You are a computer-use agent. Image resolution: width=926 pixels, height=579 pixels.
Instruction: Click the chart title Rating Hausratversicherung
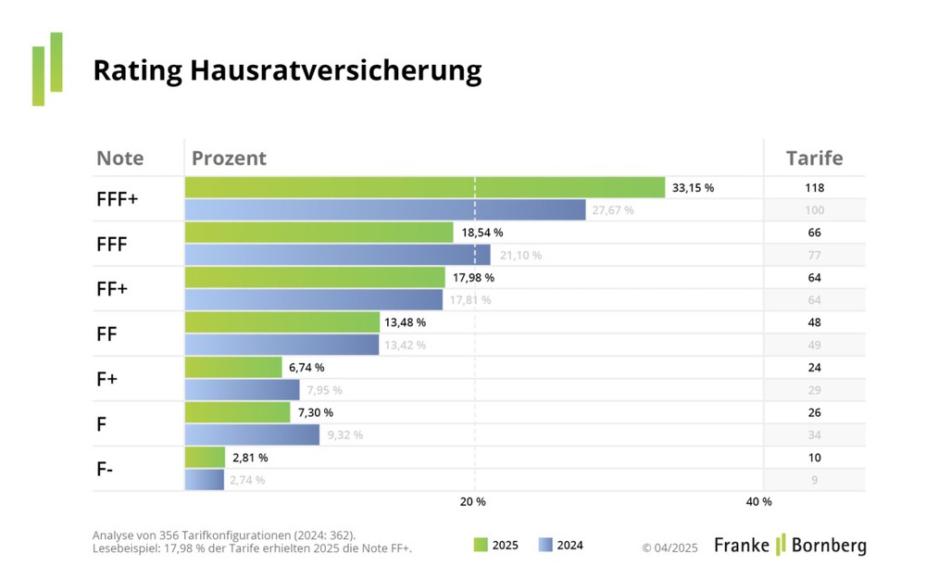tap(287, 71)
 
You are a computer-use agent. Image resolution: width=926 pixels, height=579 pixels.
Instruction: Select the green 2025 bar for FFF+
tap(425, 187)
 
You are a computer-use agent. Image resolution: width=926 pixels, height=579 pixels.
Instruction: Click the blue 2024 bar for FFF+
tap(385, 210)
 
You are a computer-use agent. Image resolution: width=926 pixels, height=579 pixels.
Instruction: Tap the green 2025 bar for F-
tap(205, 457)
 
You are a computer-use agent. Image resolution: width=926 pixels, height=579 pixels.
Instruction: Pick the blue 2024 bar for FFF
tap(338, 255)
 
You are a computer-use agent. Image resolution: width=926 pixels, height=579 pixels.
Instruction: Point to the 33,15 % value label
tap(693, 188)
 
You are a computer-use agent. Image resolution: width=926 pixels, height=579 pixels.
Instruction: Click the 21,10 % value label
tap(520, 255)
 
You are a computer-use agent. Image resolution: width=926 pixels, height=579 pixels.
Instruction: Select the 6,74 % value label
tap(307, 368)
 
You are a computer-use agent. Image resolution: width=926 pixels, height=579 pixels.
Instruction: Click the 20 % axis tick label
tap(473, 502)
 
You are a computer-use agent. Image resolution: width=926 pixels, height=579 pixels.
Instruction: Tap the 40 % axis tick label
tap(758, 502)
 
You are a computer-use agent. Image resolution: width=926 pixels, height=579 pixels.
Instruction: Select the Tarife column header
tap(814, 158)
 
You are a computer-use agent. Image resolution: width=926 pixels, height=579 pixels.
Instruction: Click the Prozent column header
tap(229, 158)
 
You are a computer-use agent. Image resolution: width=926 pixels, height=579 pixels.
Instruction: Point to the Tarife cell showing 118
tap(814, 188)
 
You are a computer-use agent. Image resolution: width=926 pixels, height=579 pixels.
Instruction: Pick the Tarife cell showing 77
tap(814, 255)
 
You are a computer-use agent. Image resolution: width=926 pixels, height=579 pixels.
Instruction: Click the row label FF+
tap(112, 289)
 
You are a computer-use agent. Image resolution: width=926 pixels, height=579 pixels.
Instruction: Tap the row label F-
tap(106, 469)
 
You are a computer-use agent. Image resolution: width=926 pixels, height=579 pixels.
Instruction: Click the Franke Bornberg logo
tap(790, 545)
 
